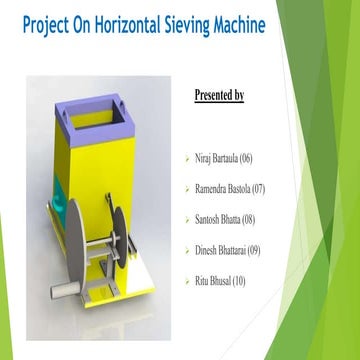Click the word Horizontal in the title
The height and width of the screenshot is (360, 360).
(129, 27)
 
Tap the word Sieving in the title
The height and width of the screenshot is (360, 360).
(188, 27)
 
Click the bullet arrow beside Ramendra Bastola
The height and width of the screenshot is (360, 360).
(186, 189)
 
